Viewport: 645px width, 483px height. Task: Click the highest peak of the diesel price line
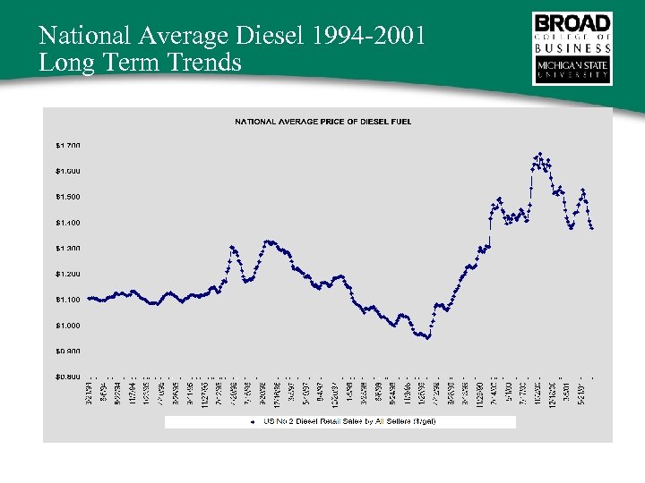(539, 154)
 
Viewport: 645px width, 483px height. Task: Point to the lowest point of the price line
(428, 339)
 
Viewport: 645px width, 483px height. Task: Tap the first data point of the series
(89, 298)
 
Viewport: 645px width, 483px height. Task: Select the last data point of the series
(592, 229)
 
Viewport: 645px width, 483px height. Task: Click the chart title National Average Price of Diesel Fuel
(323, 121)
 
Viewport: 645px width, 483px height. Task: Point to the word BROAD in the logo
(572, 21)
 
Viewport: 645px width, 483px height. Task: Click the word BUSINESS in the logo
(572, 51)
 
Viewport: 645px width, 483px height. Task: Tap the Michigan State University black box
(572, 71)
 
